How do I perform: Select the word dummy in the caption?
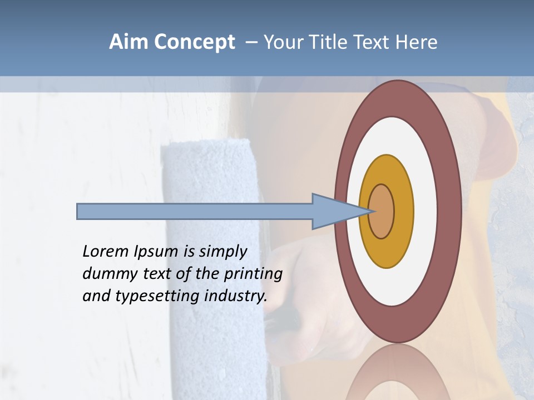click(105, 274)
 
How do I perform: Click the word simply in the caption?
click(222, 252)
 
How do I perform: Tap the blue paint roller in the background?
click(211, 183)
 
